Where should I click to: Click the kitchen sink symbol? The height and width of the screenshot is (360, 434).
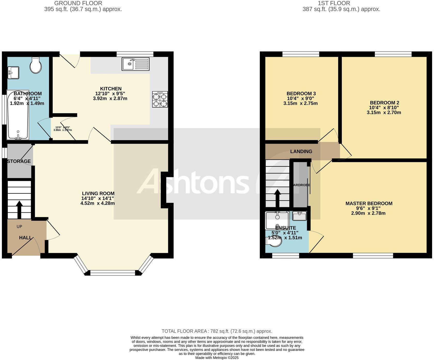(135, 64)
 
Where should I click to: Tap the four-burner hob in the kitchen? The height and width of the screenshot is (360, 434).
(160, 99)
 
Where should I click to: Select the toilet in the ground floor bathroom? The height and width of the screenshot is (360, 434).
(36, 65)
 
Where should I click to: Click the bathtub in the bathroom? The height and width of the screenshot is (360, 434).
(18, 115)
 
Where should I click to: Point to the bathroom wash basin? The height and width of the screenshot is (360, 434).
(13, 73)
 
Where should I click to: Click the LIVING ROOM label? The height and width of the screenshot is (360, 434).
(98, 193)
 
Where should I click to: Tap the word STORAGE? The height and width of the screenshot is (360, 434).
(19, 161)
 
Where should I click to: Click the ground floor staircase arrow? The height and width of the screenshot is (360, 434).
(19, 209)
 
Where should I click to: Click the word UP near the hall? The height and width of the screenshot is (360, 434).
(19, 227)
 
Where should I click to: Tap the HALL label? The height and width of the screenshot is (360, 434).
(25, 238)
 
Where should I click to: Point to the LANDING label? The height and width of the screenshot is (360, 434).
(301, 151)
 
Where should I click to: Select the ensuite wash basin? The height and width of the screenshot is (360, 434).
(300, 216)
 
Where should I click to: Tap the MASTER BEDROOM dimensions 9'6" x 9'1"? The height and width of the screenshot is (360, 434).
(368, 208)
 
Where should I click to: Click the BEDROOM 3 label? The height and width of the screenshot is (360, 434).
(301, 93)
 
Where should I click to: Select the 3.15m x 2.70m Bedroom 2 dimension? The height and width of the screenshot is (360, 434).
(384, 113)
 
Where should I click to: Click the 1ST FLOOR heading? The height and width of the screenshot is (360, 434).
(334, 3)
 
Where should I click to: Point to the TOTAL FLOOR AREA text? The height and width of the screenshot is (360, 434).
(217, 331)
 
